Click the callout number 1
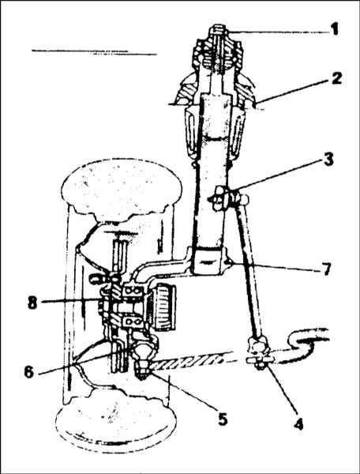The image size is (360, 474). pyautogui.click(x=333, y=30)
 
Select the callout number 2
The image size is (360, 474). pyautogui.click(x=336, y=78)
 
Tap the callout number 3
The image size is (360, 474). pyautogui.click(x=328, y=159)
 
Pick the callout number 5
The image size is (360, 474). pyautogui.click(x=222, y=419)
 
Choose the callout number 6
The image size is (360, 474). pyautogui.click(x=29, y=372)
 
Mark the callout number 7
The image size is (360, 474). pyautogui.click(x=325, y=269)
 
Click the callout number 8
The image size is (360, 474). pyautogui.click(x=32, y=303)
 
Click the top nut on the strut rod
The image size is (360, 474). pyautogui.click(x=219, y=31)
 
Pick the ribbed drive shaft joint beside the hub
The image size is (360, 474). pyautogui.click(x=163, y=307)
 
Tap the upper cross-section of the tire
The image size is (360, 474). pyautogui.click(x=121, y=189)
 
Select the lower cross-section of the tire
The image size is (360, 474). pyautogui.click(x=116, y=422)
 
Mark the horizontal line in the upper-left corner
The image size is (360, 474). pyautogui.click(x=94, y=52)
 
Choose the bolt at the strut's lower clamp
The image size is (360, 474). pyautogui.click(x=229, y=261)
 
